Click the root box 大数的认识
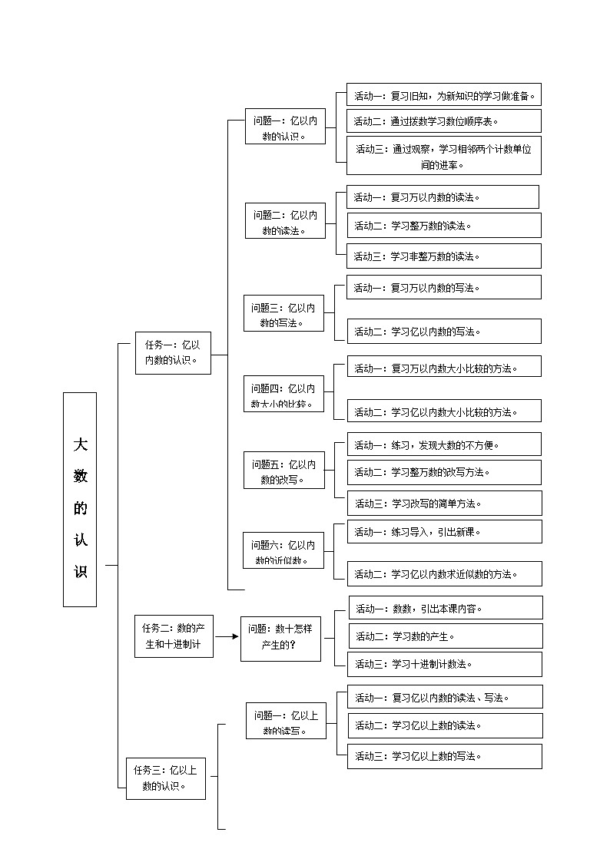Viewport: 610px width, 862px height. (x=80, y=499)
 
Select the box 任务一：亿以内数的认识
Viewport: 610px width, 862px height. (x=173, y=353)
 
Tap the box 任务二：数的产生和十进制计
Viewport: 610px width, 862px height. (x=173, y=636)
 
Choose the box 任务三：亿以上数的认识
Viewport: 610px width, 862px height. (x=166, y=778)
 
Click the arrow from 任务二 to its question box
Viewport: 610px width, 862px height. (x=226, y=636)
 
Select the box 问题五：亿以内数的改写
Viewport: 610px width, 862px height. (x=284, y=472)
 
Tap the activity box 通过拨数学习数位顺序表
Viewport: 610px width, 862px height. (x=443, y=121)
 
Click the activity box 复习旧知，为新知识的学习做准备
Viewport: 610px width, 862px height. (x=443, y=95)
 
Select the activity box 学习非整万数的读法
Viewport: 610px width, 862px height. (x=443, y=256)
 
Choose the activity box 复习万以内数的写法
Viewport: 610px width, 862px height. (x=443, y=288)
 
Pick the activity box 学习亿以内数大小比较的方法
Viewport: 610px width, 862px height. (x=444, y=411)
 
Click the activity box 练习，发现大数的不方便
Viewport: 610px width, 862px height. (x=444, y=444)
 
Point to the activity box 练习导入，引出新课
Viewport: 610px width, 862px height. (x=444, y=531)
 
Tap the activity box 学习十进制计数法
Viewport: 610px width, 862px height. (x=445, y=664)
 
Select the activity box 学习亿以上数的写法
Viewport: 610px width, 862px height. (x=444, y=756)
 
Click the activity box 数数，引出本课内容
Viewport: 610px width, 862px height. (x=445, y=608)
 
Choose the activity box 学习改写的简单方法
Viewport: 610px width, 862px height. (x=444, y=504)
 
